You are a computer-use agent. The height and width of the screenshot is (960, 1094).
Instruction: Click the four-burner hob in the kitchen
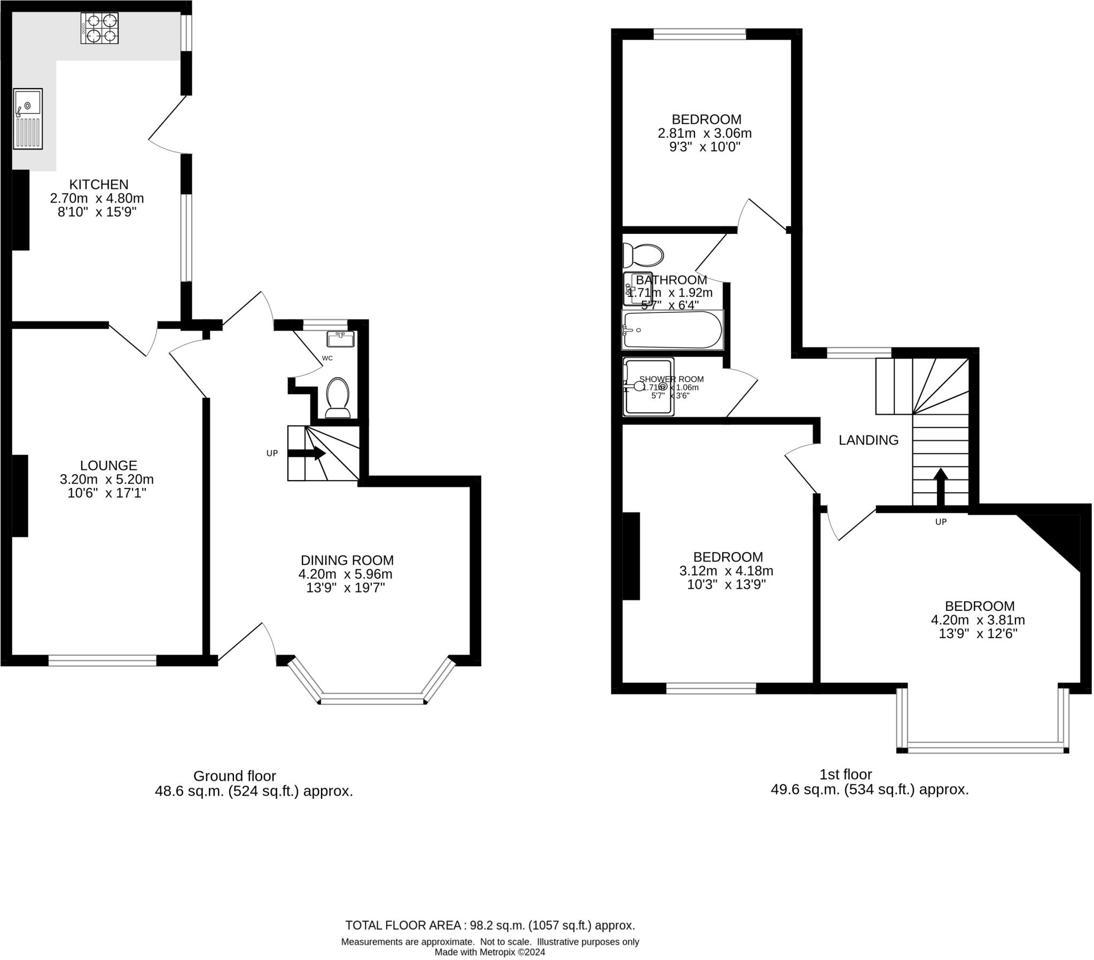pos(99,28)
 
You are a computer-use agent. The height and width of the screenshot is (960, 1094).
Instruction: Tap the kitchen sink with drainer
pos(28,119)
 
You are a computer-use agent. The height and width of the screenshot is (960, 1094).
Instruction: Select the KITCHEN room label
pos(99,185)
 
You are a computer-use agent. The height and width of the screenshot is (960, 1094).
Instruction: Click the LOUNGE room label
pos(108,466)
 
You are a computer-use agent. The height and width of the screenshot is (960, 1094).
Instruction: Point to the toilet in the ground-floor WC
pos(338,398)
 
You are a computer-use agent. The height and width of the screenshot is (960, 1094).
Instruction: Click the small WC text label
pos(327,358)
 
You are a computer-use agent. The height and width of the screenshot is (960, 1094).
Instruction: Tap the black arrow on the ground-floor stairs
pos(307,453)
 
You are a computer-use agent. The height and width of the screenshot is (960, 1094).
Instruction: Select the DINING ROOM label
pos(347,560)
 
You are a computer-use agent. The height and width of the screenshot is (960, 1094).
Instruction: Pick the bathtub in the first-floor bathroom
pos(672,330)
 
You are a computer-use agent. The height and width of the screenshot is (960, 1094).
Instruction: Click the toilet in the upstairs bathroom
pos(644,255)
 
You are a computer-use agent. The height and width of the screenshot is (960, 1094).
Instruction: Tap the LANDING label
pos(868,440)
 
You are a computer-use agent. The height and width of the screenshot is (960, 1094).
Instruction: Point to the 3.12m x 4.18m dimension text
pos(726,571)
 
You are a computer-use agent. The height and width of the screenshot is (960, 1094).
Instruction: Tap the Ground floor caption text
pos(235,776)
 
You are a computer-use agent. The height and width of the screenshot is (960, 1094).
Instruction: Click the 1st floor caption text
pos(846,774)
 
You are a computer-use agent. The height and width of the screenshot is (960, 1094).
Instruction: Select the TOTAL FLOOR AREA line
pos(490,925)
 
